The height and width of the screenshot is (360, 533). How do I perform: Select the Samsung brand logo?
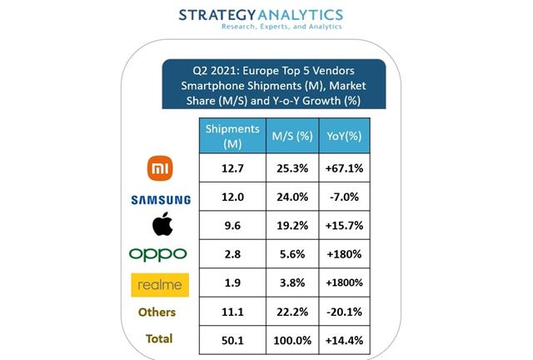click(x=160, y=200)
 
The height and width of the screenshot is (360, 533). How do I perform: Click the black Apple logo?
click(x=160, y=225)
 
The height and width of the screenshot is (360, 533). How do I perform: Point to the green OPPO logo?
click(x=160, y=253)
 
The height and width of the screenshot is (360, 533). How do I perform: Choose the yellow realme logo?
click(x=160, y=285)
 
